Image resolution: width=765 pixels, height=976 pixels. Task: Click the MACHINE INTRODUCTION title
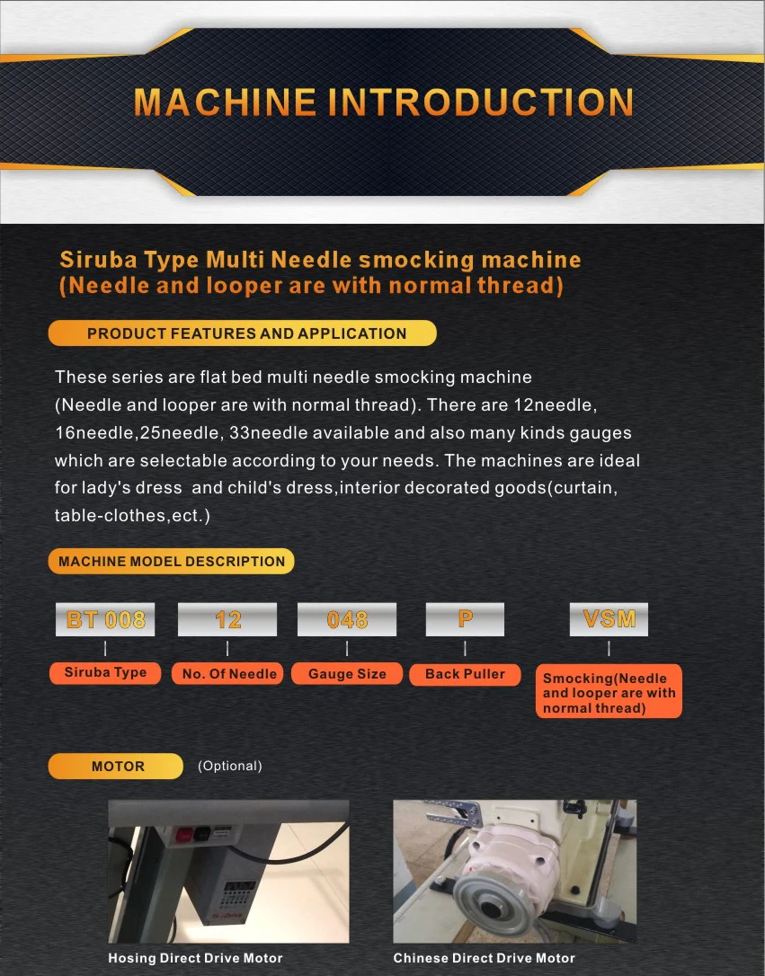point(383,102)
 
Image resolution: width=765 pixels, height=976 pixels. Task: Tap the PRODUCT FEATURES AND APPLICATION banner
point(242,333)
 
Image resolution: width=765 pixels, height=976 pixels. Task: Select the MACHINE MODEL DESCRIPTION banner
point(171,561)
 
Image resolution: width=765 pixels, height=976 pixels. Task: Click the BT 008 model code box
point(105,619)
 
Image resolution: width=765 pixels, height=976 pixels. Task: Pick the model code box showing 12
point(227,619)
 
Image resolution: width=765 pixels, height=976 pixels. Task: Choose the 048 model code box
point(347,619)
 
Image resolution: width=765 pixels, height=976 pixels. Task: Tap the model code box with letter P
point(465,619)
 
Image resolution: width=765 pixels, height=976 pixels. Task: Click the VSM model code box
point(609,619)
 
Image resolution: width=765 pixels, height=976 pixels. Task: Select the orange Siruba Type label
point(105,673)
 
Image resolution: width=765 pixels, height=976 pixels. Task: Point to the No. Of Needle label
point(229,673)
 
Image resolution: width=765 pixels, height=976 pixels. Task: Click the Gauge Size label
point(347,673)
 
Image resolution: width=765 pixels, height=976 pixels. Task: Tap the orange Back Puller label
point(465,674)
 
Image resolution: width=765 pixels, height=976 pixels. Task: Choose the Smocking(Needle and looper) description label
point(609,691)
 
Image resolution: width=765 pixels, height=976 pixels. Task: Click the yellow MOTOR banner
point(116,767)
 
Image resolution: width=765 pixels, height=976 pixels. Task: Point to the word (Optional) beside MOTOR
point(230,767)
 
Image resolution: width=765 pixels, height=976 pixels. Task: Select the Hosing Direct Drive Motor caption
point(195,958)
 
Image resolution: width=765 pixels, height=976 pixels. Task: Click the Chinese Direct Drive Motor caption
point(485,958)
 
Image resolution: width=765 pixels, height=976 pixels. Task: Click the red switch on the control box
point(183,835)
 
